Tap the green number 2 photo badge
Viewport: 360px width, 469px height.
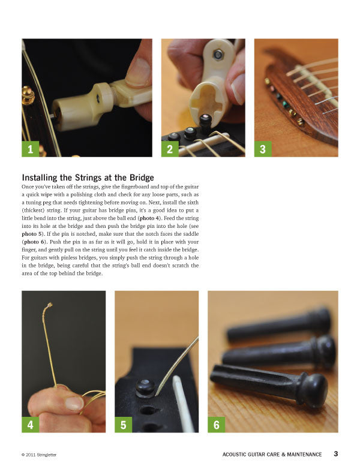(x=170, y=148)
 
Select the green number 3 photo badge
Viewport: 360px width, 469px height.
(x=263, y=148)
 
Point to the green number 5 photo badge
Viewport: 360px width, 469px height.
(x=123, y=424)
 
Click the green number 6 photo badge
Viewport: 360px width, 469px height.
(x=216, y=424)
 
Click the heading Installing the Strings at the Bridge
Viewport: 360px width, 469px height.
(x=88, y=178)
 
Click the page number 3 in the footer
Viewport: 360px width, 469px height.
(x=336, y=454)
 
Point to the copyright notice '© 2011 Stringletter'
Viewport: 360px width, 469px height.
(x=41, y=455)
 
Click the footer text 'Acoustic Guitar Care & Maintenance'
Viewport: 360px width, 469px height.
(x=272, y=455)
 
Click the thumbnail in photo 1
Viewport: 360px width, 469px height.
(x=139, y=72)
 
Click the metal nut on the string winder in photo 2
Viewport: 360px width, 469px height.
(x=218, y=55)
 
